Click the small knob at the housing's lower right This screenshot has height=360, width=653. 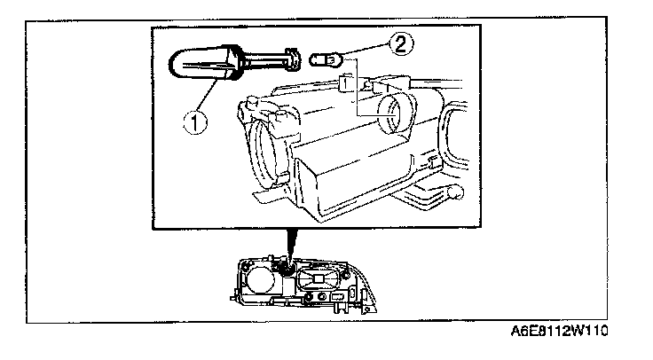tap(455, 192)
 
